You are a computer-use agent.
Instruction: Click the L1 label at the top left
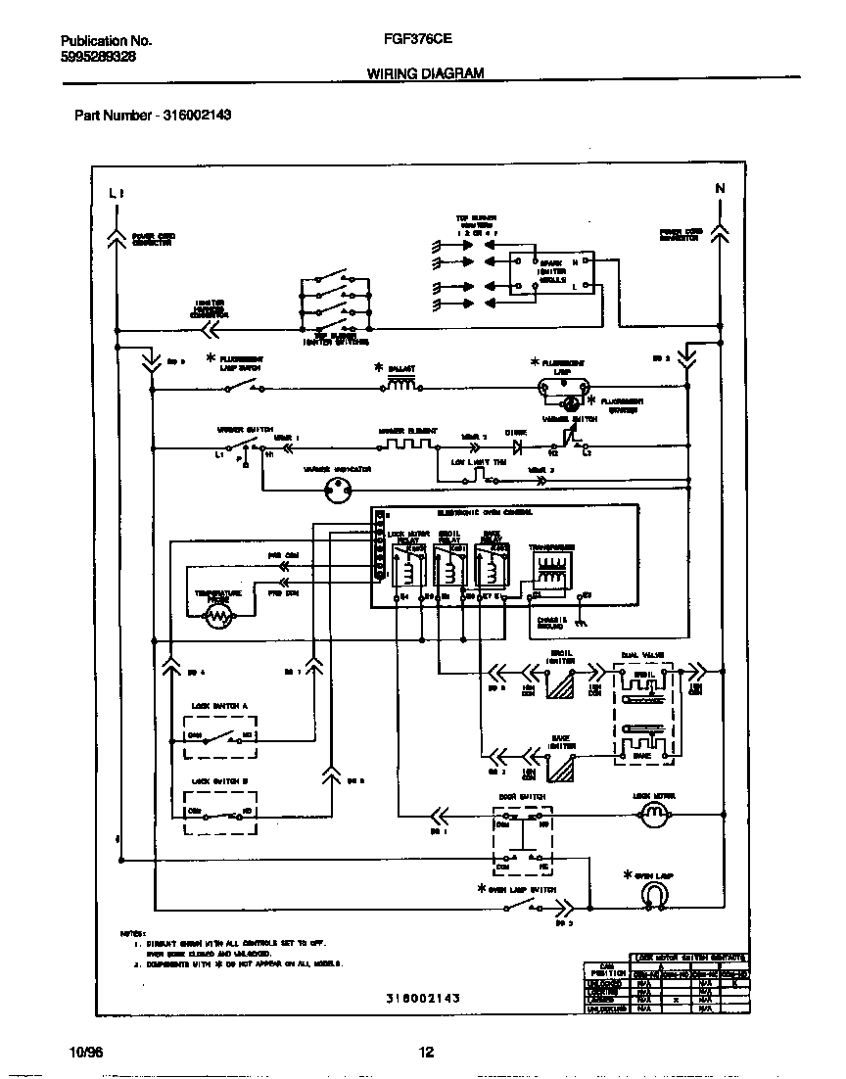click(x=117, y=193)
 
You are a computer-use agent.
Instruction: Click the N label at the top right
click(x=720, y=189)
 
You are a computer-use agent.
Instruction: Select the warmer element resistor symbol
click(x=409, y=446)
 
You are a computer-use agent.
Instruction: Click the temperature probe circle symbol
click(x=219, y=615)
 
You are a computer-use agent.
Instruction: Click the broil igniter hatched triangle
click(x=561, y=687)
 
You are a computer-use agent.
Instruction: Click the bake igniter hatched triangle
click(x=561, y=769)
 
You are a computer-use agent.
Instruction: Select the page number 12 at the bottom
click(x=426, y=1054)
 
